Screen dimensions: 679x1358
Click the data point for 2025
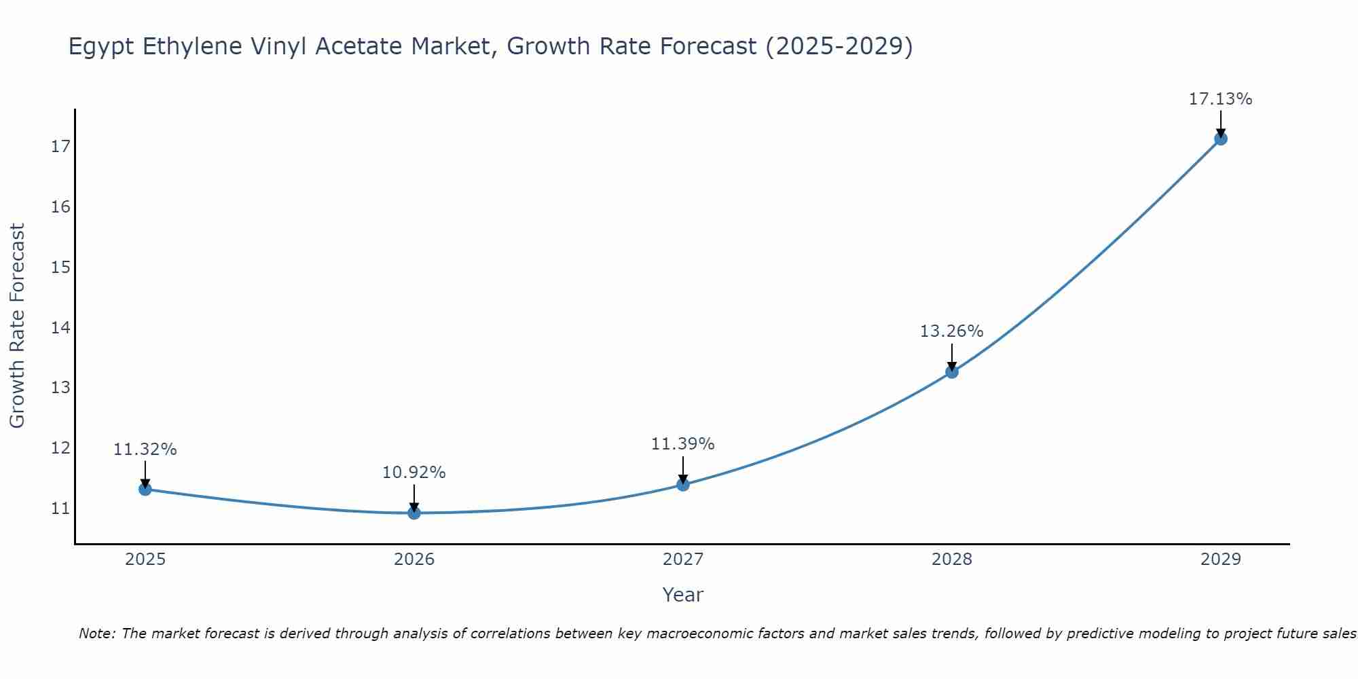(x=145, y=489)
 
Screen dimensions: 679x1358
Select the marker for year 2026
(x=414, y=513)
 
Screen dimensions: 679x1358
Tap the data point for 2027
(x=683, y=484)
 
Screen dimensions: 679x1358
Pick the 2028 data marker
(x=952, y=371)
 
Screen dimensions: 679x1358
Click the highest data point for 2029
(x=1220, y=139)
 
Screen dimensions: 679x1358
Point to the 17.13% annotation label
(x=1220, y=99)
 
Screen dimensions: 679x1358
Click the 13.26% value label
(x=951, y=331)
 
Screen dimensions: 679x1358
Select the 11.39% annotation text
(x=682, y=444)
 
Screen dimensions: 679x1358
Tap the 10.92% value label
(x=414, y=473)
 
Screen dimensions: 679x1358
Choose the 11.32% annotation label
(x=145, y=449)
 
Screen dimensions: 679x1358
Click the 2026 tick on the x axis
(x=414, y=559)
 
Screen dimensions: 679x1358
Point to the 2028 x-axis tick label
(x=952, y=559)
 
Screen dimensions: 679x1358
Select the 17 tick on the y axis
(x=60, y=147)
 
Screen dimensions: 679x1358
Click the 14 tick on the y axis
(x=60, y=328)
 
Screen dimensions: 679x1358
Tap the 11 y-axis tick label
(x=60, y=509)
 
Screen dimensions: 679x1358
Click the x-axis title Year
(x=682, y=595)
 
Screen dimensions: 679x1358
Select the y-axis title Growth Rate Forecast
(x=17, y=326)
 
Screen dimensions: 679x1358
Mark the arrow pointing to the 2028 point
(x=952, y=357)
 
